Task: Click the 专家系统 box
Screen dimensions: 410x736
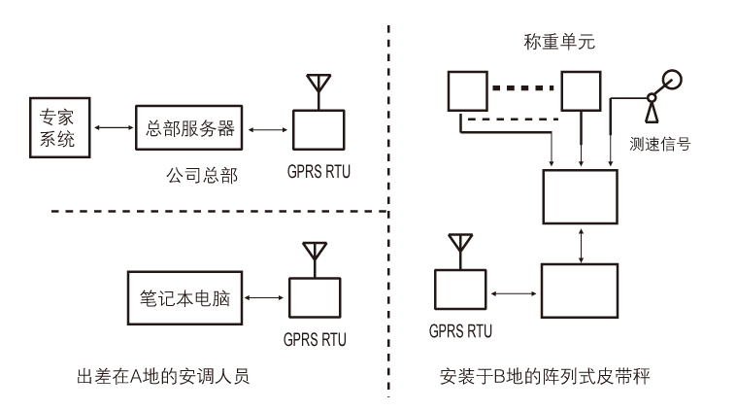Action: [58, 128]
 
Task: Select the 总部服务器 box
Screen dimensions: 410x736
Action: [187, 128]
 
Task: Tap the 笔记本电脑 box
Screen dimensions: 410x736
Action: [185, 295]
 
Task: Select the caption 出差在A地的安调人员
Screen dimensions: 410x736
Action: [162, 375]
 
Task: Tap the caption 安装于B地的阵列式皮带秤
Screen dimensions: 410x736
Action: [543, 375]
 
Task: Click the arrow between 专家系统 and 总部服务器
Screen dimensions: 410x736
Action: [109, 128]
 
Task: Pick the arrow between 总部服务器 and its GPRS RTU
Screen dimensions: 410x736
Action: [267, 128]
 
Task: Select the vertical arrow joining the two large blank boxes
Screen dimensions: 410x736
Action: [581, 245]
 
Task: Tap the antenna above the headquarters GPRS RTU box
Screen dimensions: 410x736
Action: [315, 86]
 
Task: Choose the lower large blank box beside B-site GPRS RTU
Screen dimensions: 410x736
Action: [580, 293]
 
